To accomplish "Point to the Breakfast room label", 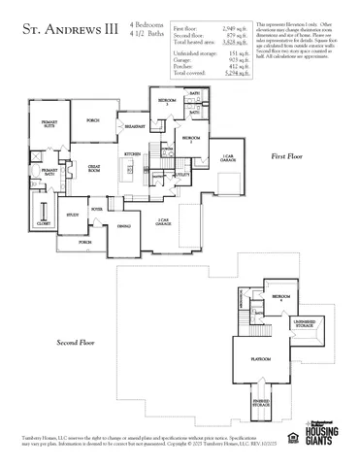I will [x=136, y=126].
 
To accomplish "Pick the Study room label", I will [x=71, y=215].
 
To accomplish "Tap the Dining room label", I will [x=124, y=226].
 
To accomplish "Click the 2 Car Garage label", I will [x=166, y=222].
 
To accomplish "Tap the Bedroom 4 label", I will [x=280, y=296].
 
